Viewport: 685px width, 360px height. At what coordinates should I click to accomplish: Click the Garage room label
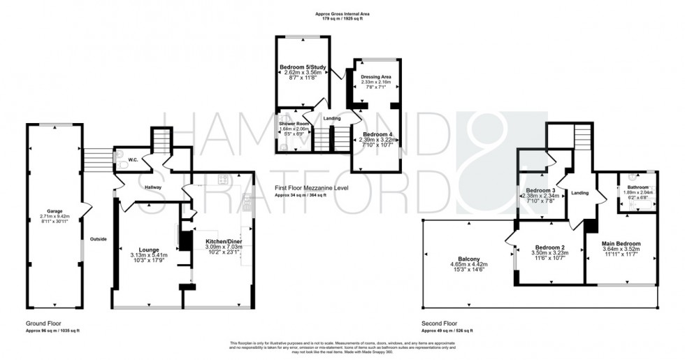click(x=55, y=210)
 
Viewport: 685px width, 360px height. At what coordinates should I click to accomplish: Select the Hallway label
click(x=152, y=187)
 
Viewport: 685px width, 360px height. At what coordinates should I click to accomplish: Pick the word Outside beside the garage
click(x=99, y=239)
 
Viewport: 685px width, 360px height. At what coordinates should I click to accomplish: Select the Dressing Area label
click(x=376, y=76)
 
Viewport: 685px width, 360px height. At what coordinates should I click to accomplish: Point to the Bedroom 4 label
click(x=376, y=134)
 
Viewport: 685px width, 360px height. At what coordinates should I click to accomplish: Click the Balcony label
click(x=468, y=258)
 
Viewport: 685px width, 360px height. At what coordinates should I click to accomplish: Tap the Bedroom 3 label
click(x=540, y=190)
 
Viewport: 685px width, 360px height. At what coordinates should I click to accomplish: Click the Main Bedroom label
click(x=621, y=243)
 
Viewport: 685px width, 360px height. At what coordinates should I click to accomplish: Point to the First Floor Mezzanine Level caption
click(x=311, y=189)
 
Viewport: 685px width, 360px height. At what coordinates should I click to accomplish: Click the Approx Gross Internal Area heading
click(x=342, y=13)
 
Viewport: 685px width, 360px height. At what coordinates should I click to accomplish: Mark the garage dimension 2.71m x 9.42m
click(x=55, y=217)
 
